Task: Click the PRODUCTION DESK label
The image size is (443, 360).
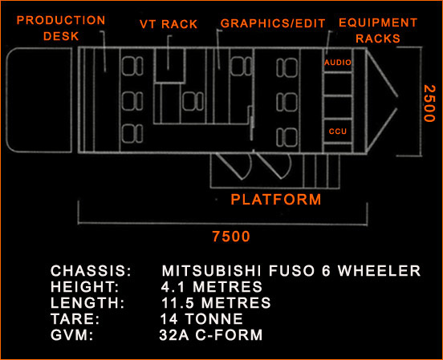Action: [61, 28]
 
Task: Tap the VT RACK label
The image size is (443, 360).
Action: [169, 24]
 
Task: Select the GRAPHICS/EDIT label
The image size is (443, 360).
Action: [273, 23]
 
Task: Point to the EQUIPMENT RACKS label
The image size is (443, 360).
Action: [378, 30]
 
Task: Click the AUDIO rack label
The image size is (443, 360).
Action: [338, 63]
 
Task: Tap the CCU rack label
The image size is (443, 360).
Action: [338, 131]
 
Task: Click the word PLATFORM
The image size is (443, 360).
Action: [276, 200]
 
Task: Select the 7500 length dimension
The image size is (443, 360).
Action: [231, 236]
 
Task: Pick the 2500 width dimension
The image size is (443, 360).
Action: [429, 103]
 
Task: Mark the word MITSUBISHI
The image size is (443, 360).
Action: [212, 270]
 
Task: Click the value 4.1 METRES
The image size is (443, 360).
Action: [212, 286]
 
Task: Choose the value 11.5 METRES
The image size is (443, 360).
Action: [216, 303]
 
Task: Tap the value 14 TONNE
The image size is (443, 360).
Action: [201, 319]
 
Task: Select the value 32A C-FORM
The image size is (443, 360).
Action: [211, 335]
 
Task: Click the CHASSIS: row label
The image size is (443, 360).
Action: [91, 270]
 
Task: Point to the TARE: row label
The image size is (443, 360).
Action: [75, 319]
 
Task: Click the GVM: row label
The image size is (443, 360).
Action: [71, 335]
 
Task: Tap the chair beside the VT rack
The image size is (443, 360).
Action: [193, 101]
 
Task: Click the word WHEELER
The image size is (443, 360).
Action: [380, 270]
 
